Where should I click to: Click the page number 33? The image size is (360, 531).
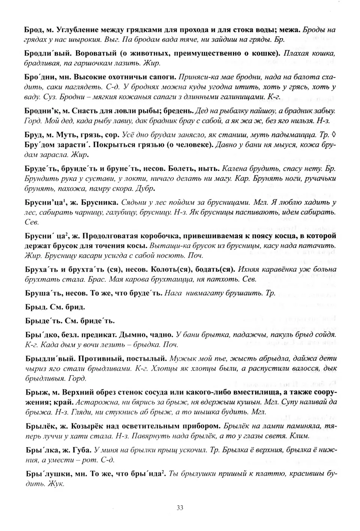[180, 508]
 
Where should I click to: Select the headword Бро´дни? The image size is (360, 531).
[39, 77]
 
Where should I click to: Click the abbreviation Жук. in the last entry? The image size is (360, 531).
[57, 484]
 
